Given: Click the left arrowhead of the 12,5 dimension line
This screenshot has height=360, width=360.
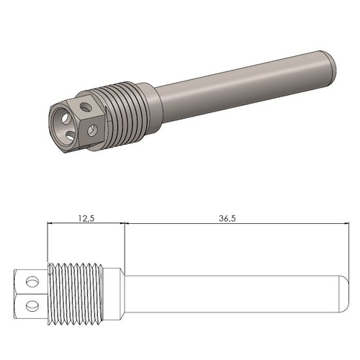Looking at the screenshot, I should click(49, 224).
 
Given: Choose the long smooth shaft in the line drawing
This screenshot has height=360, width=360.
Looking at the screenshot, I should click(230, 292).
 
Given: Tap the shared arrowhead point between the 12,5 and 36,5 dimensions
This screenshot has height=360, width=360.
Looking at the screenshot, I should click(125, 224).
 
